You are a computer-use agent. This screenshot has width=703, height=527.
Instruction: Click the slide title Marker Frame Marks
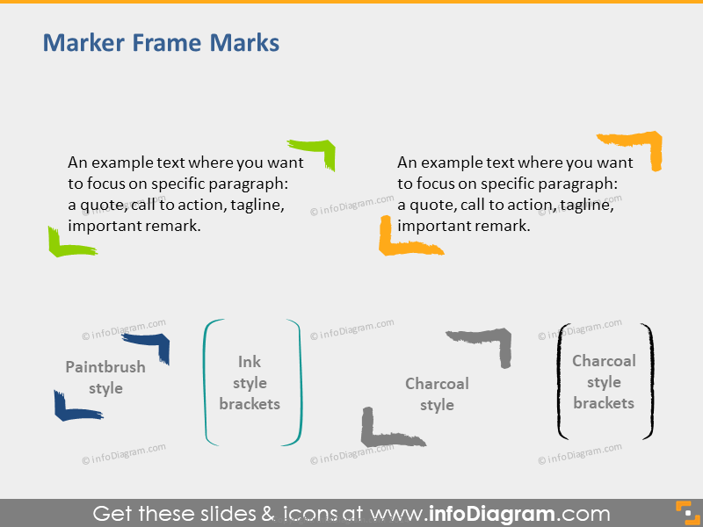(161, 42)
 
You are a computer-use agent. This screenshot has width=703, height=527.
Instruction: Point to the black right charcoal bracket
(650, 382)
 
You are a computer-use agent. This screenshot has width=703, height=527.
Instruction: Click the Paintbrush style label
(105, 378)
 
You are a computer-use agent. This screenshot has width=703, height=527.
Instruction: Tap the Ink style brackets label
(250, 383)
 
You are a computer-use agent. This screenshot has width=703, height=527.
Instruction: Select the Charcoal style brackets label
(604, 382)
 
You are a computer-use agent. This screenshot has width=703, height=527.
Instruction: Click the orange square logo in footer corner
(684, 513)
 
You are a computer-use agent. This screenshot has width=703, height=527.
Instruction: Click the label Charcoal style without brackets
(437, 394)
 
